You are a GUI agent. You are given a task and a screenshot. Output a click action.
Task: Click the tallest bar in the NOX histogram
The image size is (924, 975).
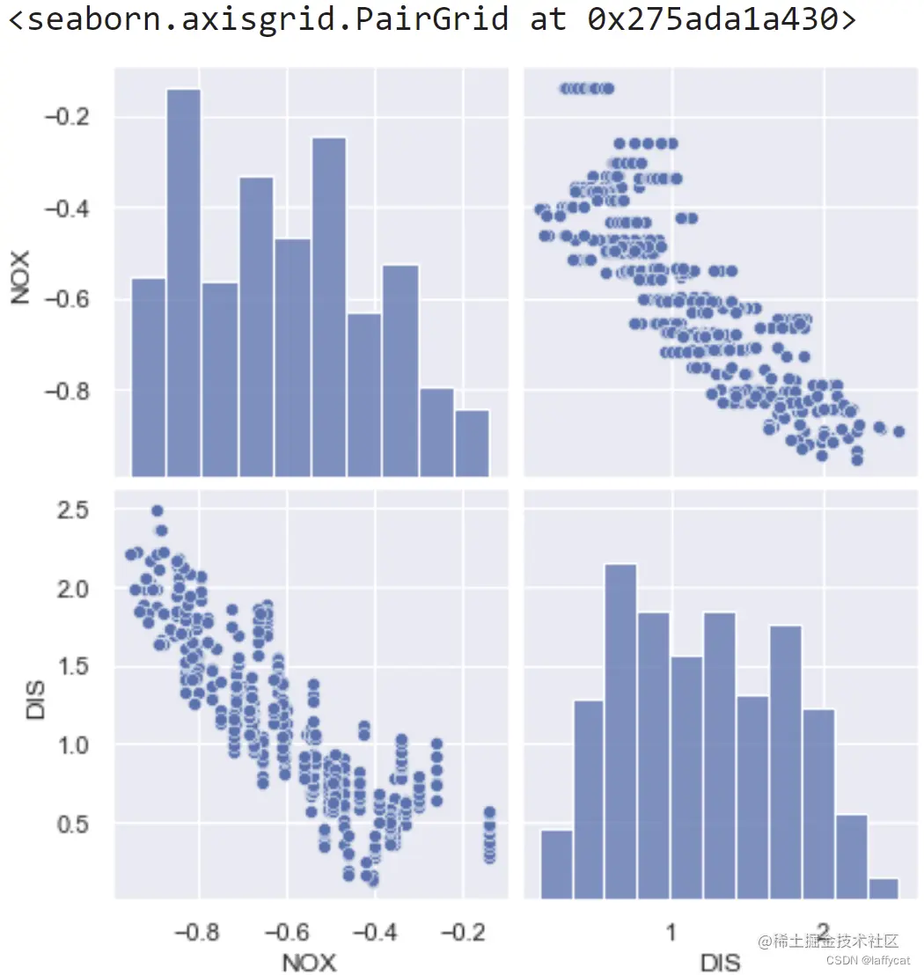pyautogui.click(x=183, y=282)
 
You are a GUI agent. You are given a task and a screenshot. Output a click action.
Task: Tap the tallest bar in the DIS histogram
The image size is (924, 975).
pyautogui.click(x=620, y=730)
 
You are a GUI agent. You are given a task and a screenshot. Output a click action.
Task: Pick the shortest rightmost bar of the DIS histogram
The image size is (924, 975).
pyautogui.click(x=884, y=888)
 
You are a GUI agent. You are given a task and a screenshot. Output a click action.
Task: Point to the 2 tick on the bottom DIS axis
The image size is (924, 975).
pyautogui.click(x=824, y=932)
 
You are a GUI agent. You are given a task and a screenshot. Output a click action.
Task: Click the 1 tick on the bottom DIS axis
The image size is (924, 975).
pyautogui.click(x=671, y=932)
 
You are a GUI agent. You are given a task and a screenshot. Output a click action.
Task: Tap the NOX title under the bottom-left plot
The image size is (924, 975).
pyautogui.click(x=309, y=962)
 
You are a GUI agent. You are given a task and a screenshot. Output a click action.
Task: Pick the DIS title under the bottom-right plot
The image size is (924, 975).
pyautogui.click(x=720, y=962)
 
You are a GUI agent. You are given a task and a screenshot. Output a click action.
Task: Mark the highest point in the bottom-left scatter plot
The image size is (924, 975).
pyautogui.click(x=158, y=510)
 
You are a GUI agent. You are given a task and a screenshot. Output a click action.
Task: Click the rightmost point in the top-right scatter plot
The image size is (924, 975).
pyautogui.click(x=898, y=431)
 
